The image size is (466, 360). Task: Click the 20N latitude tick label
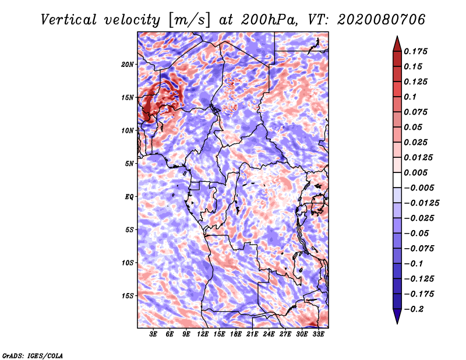click(128, 64)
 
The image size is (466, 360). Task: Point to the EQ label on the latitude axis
click(129, 196)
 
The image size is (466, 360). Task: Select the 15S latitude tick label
click(128, 295)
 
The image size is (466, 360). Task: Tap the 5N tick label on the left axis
click(129, 164)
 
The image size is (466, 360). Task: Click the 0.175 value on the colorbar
click(416, 51)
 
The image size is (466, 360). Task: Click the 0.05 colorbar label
click(414, 127)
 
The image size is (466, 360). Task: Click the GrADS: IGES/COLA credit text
click(33, 354)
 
